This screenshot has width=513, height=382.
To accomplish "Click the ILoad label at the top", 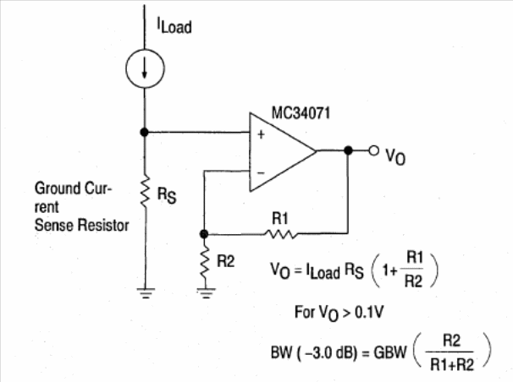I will (174, 26).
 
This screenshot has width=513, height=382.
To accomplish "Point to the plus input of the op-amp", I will (260, 135).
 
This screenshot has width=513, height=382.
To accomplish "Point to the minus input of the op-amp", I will (260, 172).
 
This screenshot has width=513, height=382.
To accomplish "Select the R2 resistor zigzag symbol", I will (203, 262).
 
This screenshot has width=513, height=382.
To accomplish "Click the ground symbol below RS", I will (146, 294).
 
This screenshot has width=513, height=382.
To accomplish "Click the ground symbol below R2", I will (203, 294).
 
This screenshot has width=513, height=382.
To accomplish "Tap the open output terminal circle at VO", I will (374, 151).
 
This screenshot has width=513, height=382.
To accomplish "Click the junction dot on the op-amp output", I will (348, 151).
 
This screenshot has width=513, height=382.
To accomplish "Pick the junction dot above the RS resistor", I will (146, 131).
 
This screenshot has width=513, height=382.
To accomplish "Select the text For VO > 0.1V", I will (339, 311).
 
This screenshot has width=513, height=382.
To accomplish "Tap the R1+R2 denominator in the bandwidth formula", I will (454, 361).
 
